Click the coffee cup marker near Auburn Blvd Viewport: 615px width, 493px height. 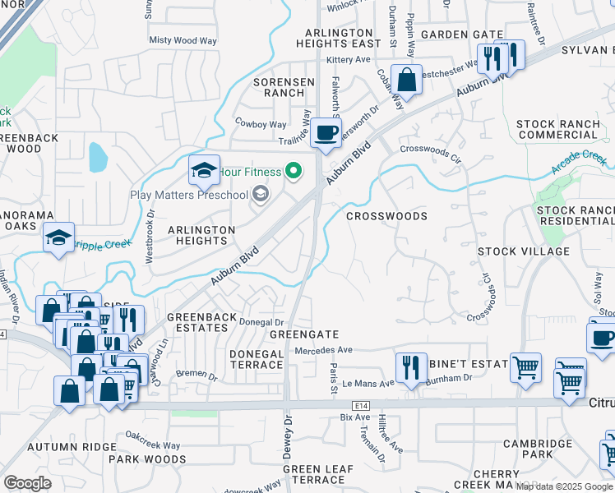[x=326, y=132]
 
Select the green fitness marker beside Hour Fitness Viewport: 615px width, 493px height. [x=291, y=173]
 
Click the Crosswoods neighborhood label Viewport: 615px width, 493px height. [x=386, y=216]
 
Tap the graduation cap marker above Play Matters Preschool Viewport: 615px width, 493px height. [x=205, y=171]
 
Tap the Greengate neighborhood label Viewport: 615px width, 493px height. [x=304, y=334]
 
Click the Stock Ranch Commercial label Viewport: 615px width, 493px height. [x=557, y=129]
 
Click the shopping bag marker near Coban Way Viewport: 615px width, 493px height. [x=406, y=80]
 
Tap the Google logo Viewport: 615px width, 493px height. [x=27, y=483]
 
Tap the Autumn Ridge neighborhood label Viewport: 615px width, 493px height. [x=60, y=447]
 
